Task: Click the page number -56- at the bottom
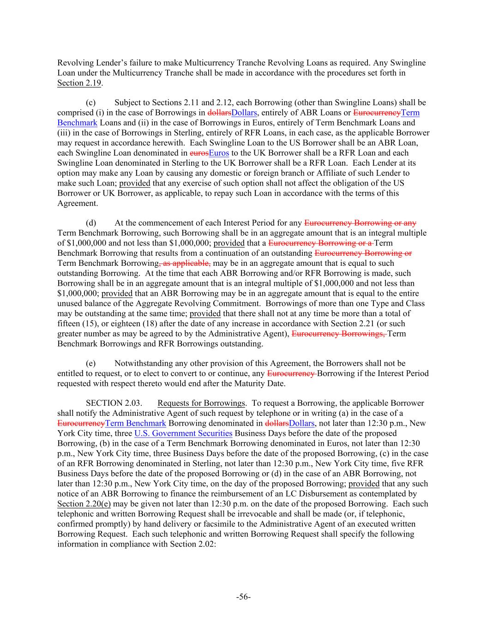click(243, 597)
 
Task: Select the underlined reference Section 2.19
click(79, 83)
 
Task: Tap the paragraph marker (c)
click(90, 102)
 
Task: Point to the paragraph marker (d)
click(90, 223)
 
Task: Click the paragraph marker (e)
click(90, 364)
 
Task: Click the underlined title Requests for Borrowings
click(201, 403)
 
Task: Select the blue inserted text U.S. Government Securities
click(183, 433)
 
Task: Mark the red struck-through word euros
click(199, 153)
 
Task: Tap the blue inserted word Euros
click(219, 153)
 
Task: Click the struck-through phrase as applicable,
click(185, 263)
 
